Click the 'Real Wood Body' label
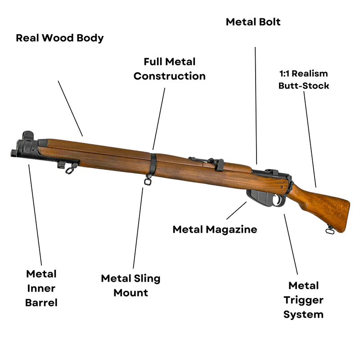[x=60, y=38]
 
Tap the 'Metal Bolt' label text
[x=253, y=22]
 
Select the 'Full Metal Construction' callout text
[x=169, y=69]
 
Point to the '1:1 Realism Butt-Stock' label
[x=304, y=79]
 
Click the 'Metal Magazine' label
[x=215, y=229]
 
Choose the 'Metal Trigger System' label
[x=303, y=300]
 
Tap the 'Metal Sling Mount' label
[x=130, y=285]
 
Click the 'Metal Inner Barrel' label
[x=41, y=288]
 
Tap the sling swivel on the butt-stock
[x=330, y=230]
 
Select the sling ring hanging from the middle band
[x=147, y=181]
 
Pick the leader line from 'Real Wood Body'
[x=71, y=108]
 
